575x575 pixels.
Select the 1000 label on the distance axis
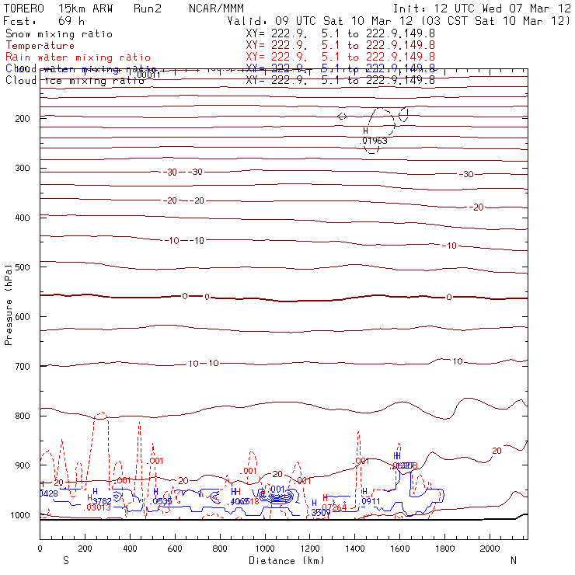(x=265, y=549)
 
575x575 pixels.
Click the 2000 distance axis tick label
(x=490, y=549)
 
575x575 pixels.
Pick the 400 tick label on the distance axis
(x=130, y=549)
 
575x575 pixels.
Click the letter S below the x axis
(x=65, y=560)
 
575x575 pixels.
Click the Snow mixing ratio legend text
(x=59, y=34)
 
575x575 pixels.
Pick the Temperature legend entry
(x=40, y=46)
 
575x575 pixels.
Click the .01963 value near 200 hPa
(x=375, y=141)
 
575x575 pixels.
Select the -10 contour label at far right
(x=449, y=246)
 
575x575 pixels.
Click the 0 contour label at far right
(x=449, y=298)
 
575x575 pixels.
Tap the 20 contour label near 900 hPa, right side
(x=497, y=451)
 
